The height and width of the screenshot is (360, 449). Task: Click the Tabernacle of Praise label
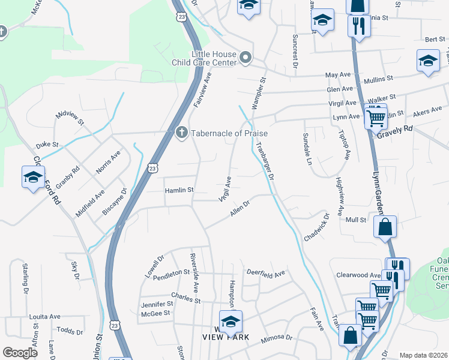229,133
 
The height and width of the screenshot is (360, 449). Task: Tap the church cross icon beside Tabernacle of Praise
182,133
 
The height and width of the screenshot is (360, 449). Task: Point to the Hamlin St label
179,190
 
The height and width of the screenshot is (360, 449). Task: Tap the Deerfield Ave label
265,274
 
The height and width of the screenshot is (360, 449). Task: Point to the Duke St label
47,145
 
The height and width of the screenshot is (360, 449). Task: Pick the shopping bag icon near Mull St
385,227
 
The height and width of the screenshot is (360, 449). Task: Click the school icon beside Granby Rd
33,176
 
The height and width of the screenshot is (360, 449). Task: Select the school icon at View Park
231,322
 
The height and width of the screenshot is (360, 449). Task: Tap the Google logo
20,353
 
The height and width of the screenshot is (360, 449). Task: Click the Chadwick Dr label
317,228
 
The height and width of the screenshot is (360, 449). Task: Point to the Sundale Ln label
307,149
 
